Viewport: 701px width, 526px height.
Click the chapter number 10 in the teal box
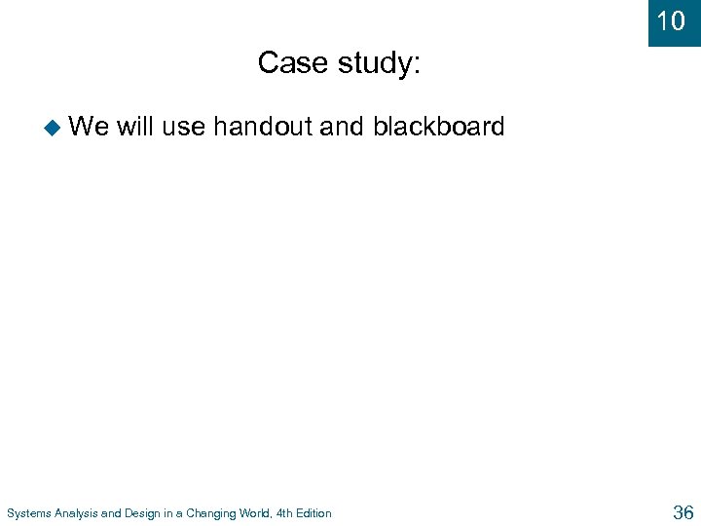coord(671,20)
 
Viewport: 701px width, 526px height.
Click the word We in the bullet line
coord(90,126)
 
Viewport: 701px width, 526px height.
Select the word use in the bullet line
coord(184,127)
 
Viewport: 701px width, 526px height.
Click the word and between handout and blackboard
coord(342,126)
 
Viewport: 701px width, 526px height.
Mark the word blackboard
coord(439,126)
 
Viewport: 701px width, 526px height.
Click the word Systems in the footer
coord(28,513)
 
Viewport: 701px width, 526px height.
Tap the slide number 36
coord(682,511)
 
